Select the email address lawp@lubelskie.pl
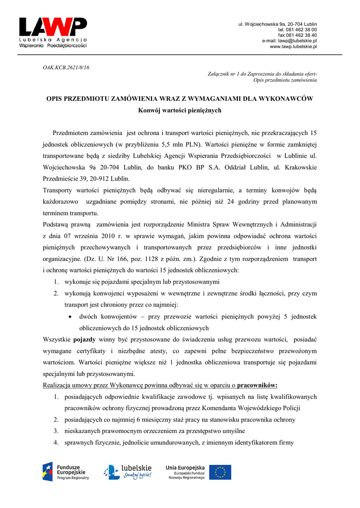pyautogui.click(x=296, y=41)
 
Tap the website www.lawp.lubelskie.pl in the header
pyautogui.click(x=293, y=47)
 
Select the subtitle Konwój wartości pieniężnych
pyautogui.click(x=179, y=110)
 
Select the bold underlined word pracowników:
pyautogui.click(x=257, y=385)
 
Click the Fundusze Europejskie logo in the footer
pyautogui.click(x=66, y=471)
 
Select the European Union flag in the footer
pyautogui.click(x=220, y=472)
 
